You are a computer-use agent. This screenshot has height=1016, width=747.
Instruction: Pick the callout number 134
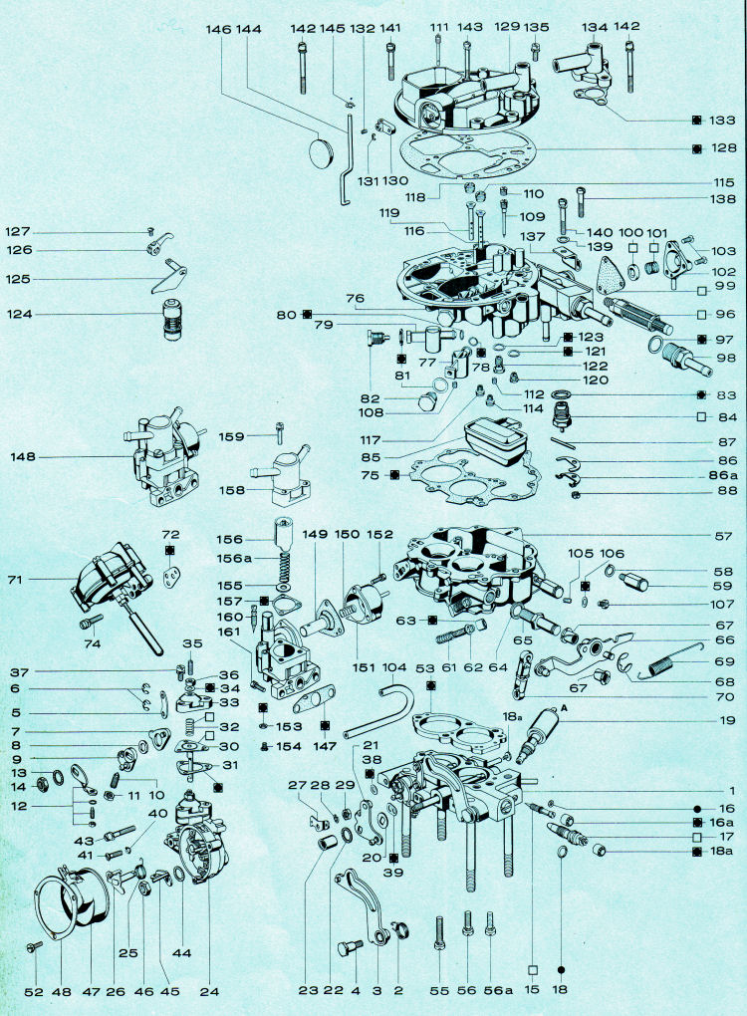(595, 27)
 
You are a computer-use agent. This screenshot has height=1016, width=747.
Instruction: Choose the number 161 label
(230, 632)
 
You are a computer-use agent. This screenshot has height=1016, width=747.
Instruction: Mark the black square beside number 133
(696, 120)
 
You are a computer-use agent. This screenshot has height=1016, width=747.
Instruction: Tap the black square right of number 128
(696, 148)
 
